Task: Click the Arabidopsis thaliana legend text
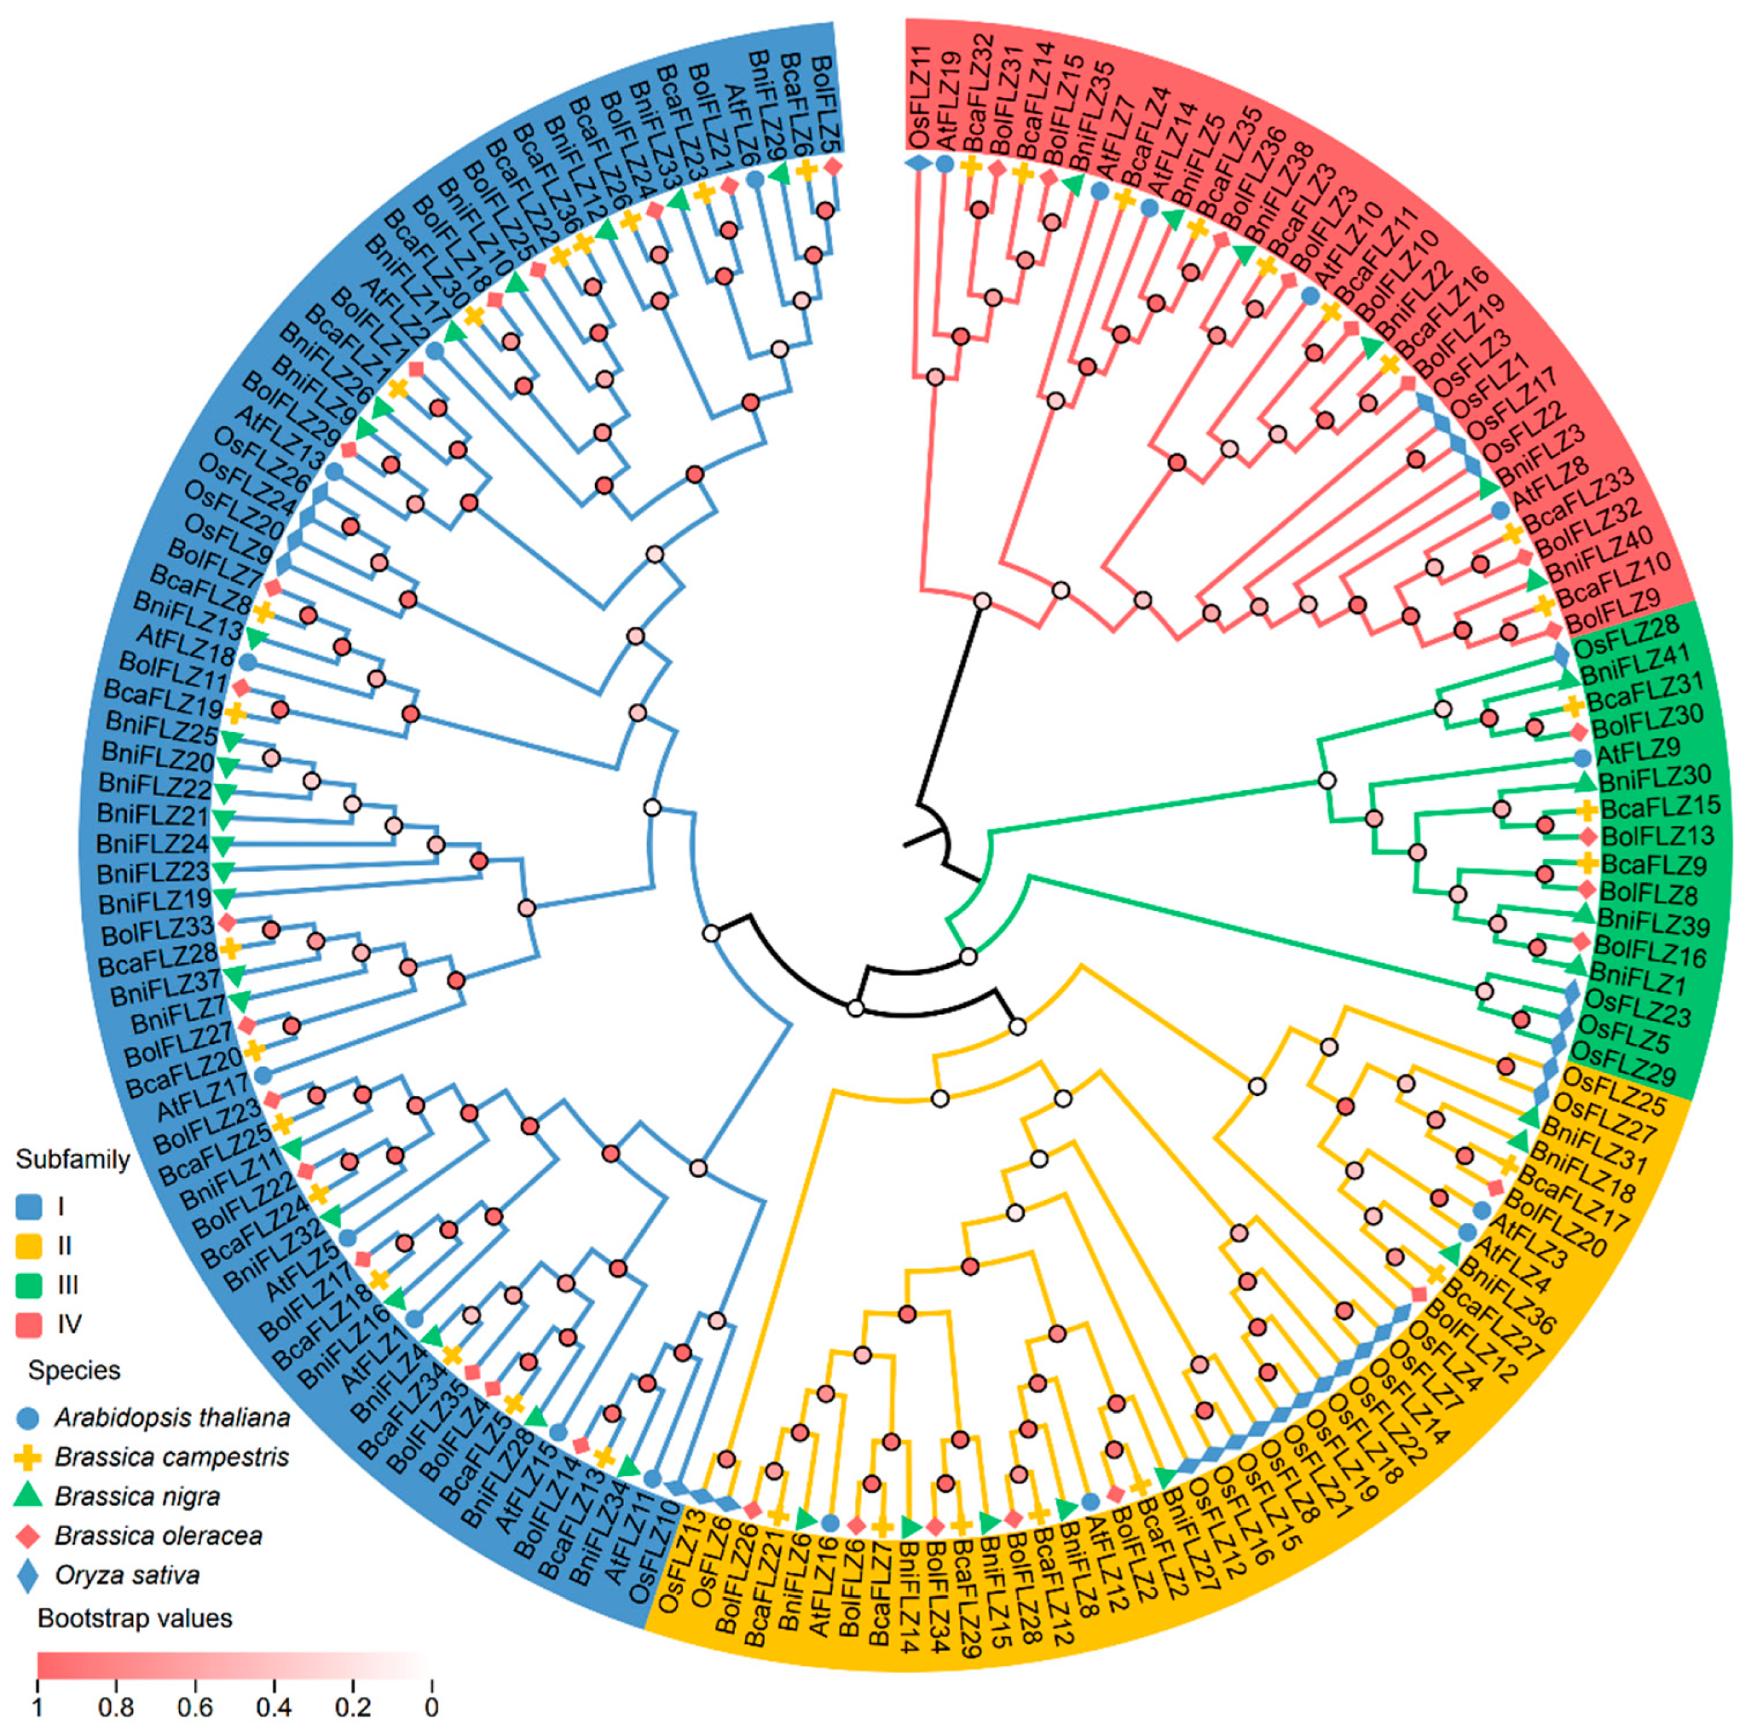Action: pyautogui.click(x=172, y=1417)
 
